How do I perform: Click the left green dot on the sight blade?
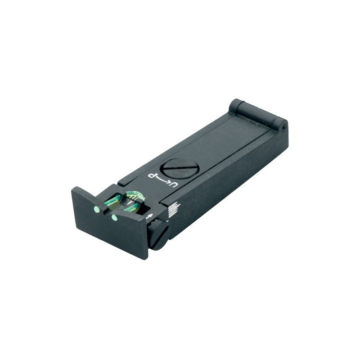(97, 209)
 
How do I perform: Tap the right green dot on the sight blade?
(114, 218)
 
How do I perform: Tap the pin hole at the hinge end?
(284, 127)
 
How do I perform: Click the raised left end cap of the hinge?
(236, 106)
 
